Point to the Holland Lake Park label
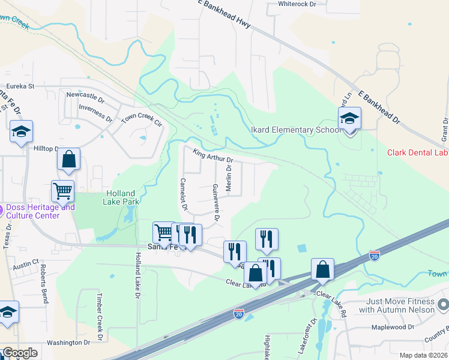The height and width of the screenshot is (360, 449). pos(122,197)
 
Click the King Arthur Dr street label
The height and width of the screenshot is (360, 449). pos(212,155)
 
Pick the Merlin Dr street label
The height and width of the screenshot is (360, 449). pos(229,179)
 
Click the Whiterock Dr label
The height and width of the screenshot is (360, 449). pos(297,4)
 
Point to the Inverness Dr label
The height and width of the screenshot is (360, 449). pos(95,112)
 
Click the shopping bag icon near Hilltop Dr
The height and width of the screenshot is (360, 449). pos(69,160)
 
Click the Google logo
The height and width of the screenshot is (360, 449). pos(20,353)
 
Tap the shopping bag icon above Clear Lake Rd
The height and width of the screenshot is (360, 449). pos(322,271)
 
